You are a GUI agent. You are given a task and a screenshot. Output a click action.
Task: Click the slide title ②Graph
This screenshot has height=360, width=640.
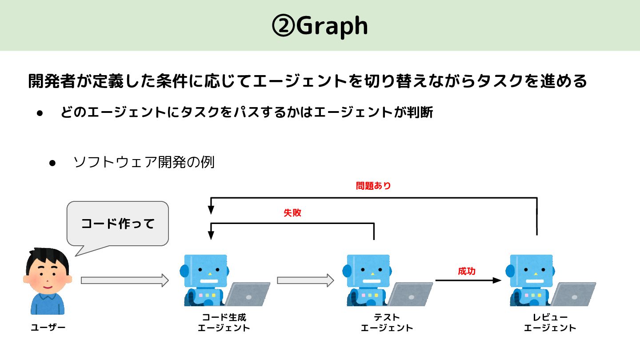coord(320,26)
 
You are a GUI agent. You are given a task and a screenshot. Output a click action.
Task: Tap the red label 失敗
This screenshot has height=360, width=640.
coord(292,213)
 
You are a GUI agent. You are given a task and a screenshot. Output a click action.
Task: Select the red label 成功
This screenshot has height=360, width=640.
coord(467,271)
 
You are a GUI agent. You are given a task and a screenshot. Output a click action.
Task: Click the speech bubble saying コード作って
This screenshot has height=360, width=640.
coord(117,224)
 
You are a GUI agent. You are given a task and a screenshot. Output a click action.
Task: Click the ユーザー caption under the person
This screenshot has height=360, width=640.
coord(48,328)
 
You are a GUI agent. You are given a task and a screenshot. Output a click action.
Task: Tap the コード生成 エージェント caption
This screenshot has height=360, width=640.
coord(224,323)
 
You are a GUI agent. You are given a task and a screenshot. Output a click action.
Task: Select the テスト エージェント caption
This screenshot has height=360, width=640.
coord(387,323)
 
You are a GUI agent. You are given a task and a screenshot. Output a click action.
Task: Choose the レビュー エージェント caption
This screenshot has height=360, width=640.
coord(550,323)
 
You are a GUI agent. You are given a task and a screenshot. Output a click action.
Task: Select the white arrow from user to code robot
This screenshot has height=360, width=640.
coord(124,280)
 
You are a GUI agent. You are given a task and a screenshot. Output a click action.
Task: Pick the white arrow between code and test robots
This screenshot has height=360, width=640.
coord(305,280)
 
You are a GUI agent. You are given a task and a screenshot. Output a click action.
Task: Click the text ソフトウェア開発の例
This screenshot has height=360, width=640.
coord(144,162)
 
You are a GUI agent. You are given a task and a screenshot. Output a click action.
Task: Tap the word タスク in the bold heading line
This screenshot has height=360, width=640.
coord(500,81)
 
